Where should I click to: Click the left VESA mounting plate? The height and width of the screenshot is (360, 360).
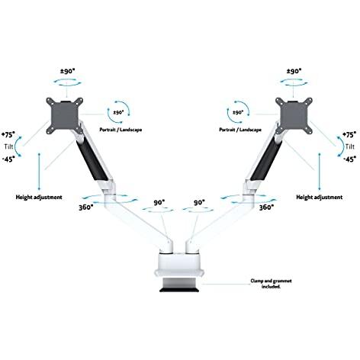[65, 116]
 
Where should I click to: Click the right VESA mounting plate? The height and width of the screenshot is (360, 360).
[294, 116]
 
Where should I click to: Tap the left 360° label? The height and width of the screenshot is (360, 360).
[86, 207]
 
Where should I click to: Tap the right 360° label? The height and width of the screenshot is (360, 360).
[266, 207]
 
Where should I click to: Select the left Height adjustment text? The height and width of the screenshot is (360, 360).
[39, 198]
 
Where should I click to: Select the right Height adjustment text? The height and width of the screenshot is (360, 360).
[320, 198]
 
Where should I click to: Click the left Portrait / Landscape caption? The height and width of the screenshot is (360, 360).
[121, 130]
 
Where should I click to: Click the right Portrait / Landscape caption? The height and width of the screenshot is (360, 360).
[240, 130]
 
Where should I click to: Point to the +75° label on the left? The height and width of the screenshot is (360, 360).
[8, 134]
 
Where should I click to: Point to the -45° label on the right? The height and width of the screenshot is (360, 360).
[350, 159]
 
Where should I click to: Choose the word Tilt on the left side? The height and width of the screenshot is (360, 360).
[8, 146]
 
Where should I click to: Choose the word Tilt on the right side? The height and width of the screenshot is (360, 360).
[350, 146]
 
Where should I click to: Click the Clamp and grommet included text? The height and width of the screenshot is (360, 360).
[271, 284]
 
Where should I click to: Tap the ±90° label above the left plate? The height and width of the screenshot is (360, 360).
[68, 71]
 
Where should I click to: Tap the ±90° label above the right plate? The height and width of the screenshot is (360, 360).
[294, 71]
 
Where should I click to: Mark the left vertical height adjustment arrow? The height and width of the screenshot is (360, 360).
[39, 172]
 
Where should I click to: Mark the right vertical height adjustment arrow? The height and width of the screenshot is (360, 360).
[320, 172]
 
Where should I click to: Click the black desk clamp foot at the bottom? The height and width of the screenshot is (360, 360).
[179, 289]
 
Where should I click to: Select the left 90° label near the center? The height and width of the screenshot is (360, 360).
[159, 203]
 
